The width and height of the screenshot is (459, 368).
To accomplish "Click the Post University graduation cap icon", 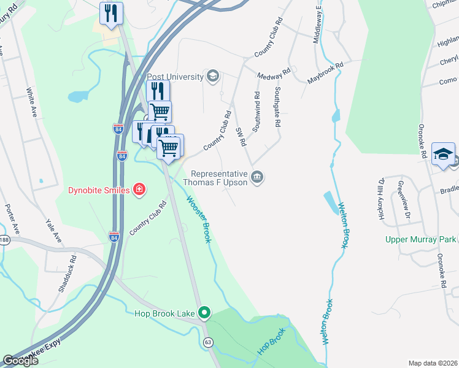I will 213,77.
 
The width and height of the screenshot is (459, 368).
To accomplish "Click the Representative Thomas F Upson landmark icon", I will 258,178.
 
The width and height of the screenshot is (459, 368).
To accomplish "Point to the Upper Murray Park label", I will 421,239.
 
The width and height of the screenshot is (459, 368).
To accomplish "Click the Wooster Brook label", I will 198,220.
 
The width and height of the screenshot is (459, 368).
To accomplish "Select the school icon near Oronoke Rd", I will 443,155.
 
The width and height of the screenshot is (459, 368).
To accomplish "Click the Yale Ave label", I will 54,228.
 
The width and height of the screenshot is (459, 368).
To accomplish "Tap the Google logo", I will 20,361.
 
